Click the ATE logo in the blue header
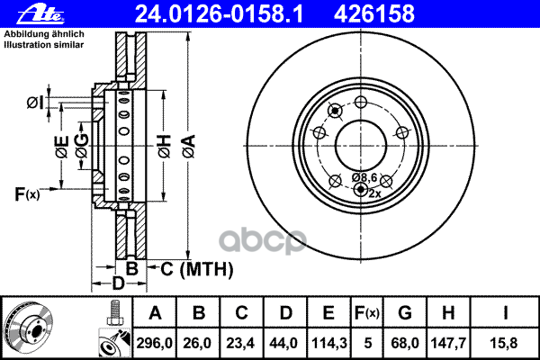40,13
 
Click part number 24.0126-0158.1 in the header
220,14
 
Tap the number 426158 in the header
374,14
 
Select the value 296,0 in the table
154,343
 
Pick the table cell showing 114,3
328,343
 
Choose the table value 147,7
448,343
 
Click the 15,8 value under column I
504,343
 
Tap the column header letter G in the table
405,313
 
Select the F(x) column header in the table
367,313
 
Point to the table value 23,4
240,343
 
